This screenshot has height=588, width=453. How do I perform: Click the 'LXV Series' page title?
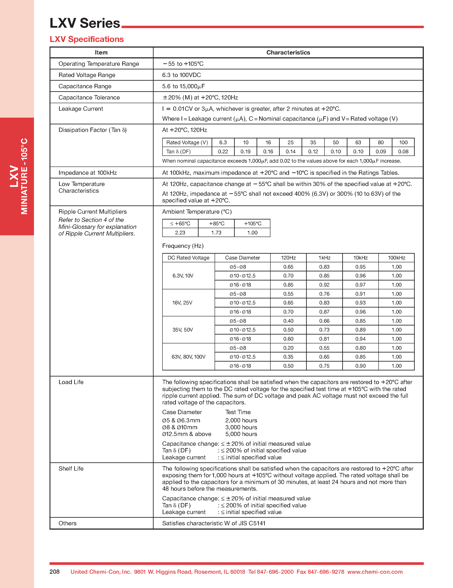(x=85, y=23)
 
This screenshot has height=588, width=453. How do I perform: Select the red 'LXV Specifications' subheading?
(x=87, y=39)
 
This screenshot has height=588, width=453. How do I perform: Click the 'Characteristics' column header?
(x=288, y=53)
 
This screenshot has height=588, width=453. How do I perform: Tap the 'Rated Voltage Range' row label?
(x=87, y=75)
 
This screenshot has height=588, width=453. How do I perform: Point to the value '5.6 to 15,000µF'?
(x=183, y=87)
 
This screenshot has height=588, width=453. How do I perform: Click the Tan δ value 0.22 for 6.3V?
(x=223, y=152)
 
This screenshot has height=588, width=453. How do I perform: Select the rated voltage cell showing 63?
(x=358, y=143)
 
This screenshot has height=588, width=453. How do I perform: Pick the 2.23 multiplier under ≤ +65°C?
(x=180, y=233)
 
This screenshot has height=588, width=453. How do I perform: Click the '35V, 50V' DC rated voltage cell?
(x=183, y=330)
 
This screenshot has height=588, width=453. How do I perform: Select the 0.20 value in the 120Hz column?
(x=288, y=348)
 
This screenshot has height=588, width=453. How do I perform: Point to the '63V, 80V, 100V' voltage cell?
(x=188, y=357)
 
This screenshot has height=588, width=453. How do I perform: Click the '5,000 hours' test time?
(x=241, y=434)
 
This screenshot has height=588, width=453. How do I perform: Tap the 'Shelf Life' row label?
(x=71, y=469)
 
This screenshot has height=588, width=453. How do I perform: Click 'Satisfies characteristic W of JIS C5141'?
(x=214, y=523)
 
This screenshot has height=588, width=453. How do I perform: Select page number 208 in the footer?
(x=54, y=572)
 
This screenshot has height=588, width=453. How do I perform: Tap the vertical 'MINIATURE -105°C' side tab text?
(x=24, y=176)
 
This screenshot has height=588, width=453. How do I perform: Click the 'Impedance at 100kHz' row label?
(x=88, y=173)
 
